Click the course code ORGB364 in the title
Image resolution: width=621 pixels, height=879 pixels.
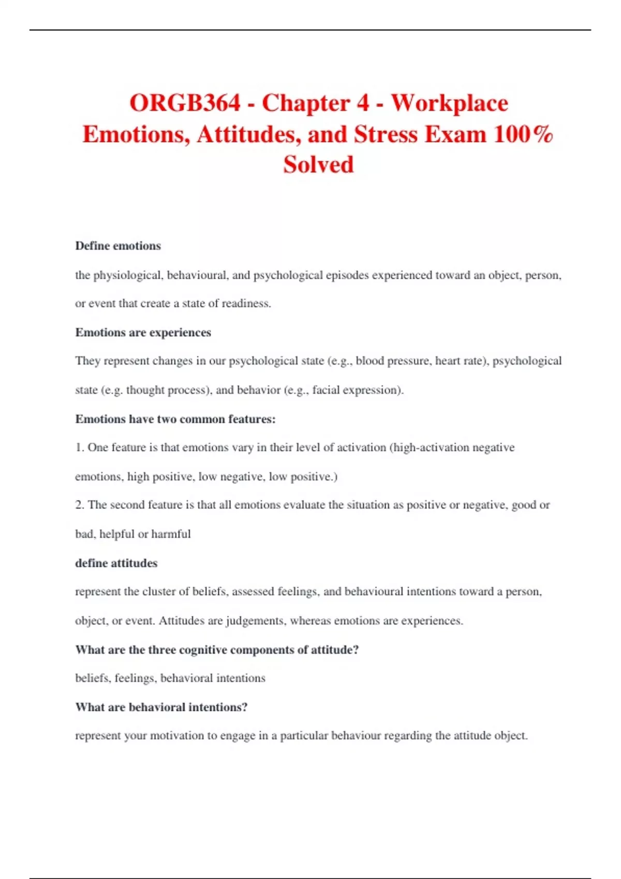185,103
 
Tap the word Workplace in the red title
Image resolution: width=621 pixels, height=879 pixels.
449,103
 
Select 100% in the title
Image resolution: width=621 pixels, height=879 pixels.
523,134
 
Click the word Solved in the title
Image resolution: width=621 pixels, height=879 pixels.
318,165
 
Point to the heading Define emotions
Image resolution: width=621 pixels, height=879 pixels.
118,246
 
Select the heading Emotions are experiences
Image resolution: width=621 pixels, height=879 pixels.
143,332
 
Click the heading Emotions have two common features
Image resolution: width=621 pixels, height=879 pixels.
175,419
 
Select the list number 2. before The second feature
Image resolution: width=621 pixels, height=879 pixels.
80,505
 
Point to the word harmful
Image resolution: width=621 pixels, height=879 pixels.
171,534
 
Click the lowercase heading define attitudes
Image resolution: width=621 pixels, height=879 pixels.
116,563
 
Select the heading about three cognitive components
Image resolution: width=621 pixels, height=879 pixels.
217,649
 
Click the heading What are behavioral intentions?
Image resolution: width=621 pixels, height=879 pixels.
161,707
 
